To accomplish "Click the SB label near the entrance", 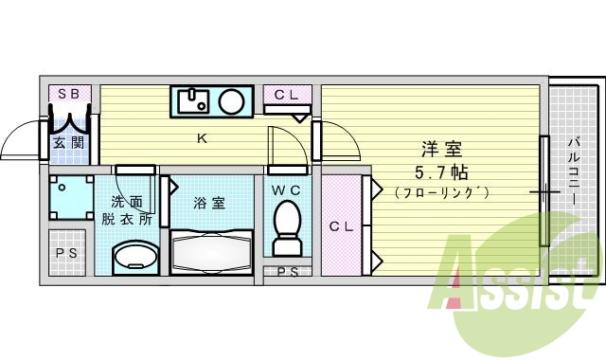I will [68, 93].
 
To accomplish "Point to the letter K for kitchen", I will [201, 139].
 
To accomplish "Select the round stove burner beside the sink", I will [231, 99].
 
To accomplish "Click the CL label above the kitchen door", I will [286, 94].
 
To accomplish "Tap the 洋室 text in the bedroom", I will [441, 149].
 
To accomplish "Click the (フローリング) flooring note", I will [441, 193].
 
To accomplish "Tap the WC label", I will [285, 189].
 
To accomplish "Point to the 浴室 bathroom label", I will [209, 203].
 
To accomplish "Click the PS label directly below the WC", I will [285, 273].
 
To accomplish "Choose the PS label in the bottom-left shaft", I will [66, 253].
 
